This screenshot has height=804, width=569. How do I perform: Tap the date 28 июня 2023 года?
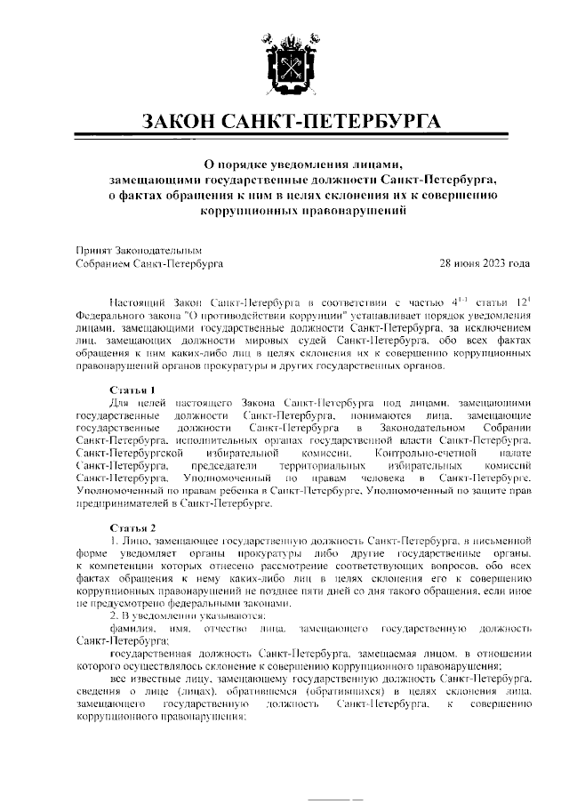pyautogui.click(x=485, y=263)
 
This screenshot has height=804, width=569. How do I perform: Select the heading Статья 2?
pyautogui.click(x=132, y=527)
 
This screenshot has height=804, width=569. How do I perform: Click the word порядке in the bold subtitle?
pyautogui.click(x=245, y=163)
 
